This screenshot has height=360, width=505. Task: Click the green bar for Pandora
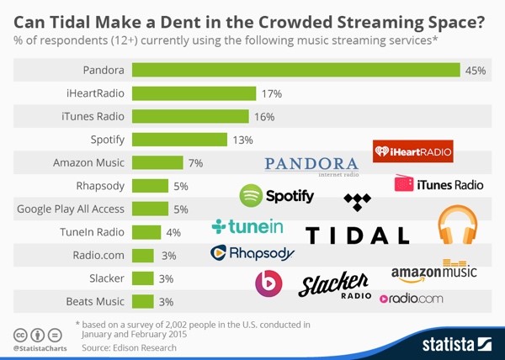[x=295, y=71]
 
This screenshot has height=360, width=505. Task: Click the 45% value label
[x=476, y=71]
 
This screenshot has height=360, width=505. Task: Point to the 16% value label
[x=264, y=117]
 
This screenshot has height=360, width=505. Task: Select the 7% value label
[x=195, y=162]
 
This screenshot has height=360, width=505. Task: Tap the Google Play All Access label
[x=71, y=209]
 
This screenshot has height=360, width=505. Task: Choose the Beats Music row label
[x=95, y=300]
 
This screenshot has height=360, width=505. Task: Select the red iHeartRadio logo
[x=413, y=152]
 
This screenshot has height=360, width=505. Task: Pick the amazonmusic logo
[x=433, y=271]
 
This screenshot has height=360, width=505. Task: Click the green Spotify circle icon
[x=252, y=196]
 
